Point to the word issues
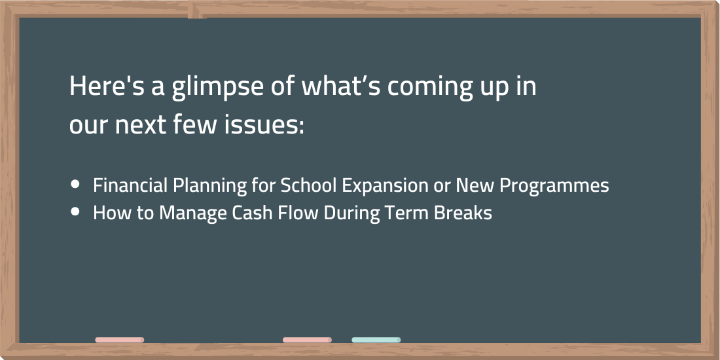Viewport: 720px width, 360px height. click(264, 125)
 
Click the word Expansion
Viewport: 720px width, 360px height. click(386, 187)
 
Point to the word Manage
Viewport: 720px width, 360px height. click(189, 213)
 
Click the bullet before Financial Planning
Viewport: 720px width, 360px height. click(75, 185)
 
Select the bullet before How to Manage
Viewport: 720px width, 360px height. click(75, 211)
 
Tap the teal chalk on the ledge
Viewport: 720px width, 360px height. click(376, 340)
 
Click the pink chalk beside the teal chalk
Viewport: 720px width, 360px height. click(307, 340)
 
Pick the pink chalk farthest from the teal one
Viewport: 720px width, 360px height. click(119, 340)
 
